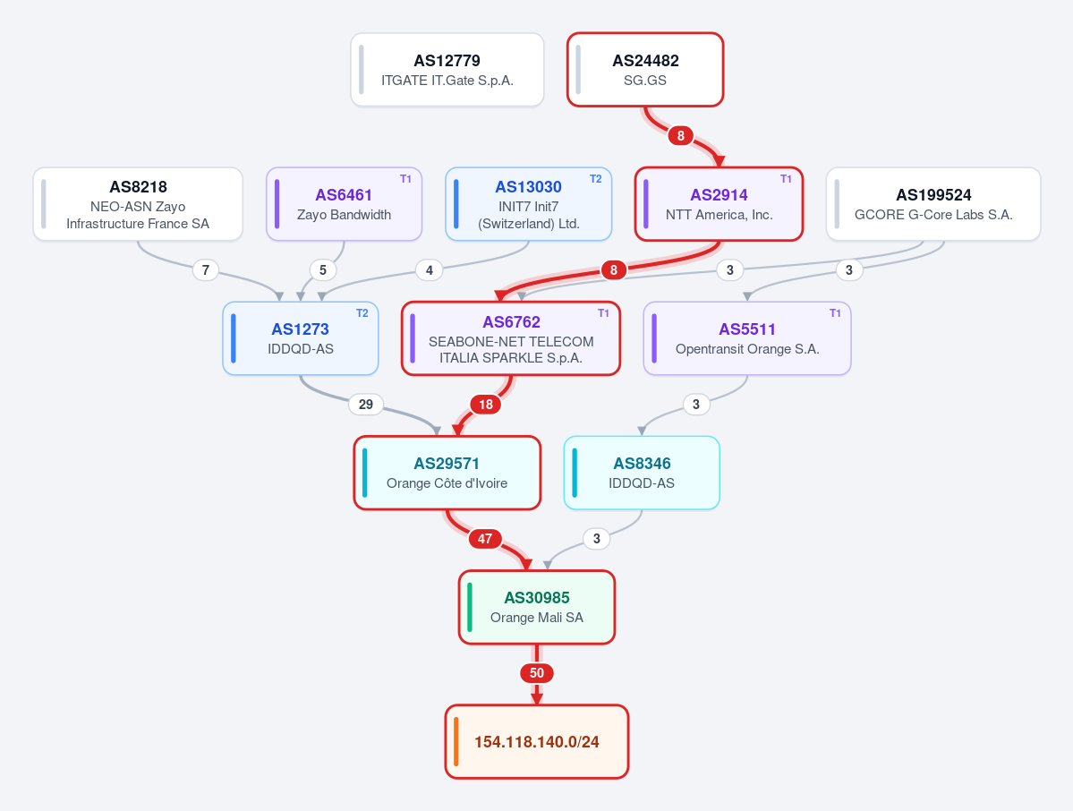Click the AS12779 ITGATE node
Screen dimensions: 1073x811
coord(447,70)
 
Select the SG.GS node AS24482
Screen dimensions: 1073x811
coord(645,70)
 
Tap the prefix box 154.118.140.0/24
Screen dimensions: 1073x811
coord(537,742)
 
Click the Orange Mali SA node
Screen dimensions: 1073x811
coord(537,608)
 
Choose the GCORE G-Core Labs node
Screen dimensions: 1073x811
coord(933,204)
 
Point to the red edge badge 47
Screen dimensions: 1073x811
coord(485,539)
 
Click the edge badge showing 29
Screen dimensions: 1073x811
coord(366,405)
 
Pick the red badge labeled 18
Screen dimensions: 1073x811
coord(486,405)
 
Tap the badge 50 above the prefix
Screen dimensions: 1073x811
coord(537,673)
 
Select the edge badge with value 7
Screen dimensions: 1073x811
coord(206,270)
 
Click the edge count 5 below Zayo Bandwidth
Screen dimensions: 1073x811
coord(323,270)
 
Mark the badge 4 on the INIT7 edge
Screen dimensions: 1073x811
coord(429,270)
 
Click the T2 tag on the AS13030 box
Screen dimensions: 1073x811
coord(596,179)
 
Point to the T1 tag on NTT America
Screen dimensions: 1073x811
coord(787,179)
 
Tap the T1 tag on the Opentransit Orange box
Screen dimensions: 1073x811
coord(836,312)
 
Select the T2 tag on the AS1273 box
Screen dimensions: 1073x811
coord(362,312)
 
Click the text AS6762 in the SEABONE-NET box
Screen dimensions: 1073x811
coord(511,322)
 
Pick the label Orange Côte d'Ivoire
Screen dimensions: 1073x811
coord(447,483)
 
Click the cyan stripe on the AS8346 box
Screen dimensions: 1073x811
coord(575,473)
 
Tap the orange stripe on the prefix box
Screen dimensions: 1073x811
coord(456,742)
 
